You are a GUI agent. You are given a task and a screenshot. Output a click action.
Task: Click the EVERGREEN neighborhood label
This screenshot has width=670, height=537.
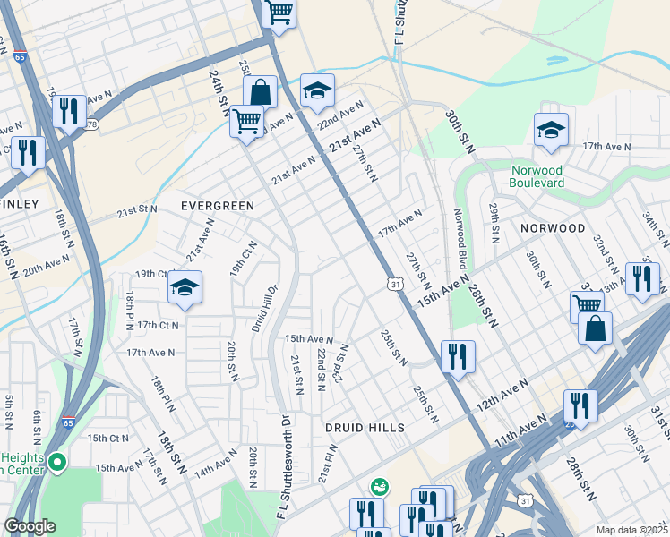[x=218, y=206]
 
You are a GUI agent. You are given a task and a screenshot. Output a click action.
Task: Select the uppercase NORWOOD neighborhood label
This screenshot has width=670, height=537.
[x=553, y=229]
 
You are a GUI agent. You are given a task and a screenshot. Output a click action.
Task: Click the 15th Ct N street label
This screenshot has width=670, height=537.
[x=108, y=439]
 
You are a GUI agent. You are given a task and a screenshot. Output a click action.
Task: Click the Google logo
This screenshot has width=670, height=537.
[x=30, y=526]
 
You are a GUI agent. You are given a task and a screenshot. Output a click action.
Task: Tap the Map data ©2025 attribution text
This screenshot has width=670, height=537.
[x=631, y=530]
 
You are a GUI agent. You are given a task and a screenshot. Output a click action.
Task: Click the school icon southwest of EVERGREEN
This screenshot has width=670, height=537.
[x=185, y=287]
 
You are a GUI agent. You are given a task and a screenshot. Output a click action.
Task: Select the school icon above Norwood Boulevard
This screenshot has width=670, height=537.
[x=551, y=130]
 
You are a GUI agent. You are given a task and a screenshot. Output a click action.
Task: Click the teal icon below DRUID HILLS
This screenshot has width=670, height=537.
[x=380, y=488]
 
